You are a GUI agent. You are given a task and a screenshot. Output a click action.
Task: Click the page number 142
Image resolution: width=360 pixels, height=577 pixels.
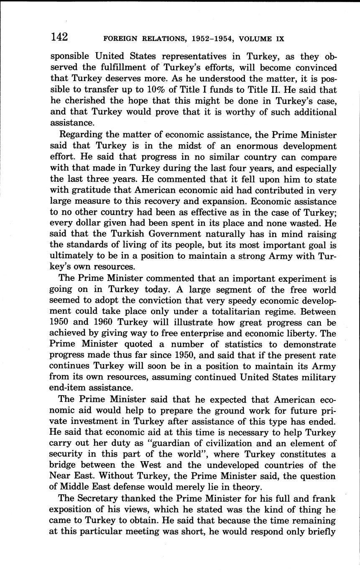coord(59,37)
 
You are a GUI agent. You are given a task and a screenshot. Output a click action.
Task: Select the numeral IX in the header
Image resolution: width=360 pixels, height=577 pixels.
coord(280,39)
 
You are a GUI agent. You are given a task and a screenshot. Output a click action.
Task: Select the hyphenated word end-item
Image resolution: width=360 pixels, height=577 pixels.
coord(70,388)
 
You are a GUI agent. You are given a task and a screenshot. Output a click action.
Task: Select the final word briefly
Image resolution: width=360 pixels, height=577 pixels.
coord(317,532)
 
